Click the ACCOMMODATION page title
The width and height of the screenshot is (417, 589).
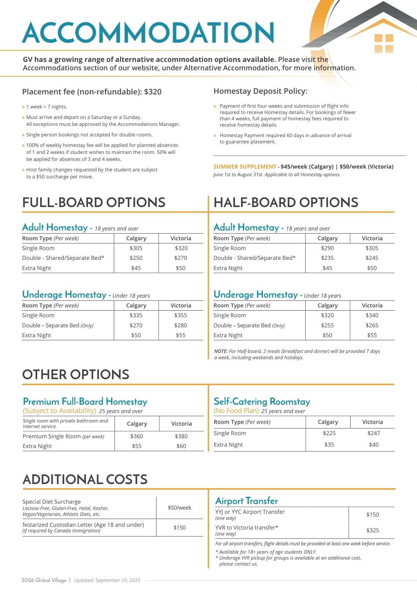click(x=148, y=33)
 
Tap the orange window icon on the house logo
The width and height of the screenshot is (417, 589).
click(x=384, y=43)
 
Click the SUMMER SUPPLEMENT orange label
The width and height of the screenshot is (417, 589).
click(x=245, y=167)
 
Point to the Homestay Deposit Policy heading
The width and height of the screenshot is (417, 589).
click(x=260, y=91)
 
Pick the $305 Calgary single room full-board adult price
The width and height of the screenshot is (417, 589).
click(x=136, y=248)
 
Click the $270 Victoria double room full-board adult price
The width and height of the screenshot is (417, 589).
click(x=181, y=258)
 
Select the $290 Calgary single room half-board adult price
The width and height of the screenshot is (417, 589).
click(x=327, y=248)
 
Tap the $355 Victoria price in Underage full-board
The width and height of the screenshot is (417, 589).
click(x=181, y=315)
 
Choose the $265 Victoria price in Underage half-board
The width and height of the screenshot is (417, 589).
click(x=372, y=325)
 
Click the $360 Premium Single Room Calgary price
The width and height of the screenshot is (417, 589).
click(x=137, y=436)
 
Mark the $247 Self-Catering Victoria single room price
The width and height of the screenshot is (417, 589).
click(x=374, y=433)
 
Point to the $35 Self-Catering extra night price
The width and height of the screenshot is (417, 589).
click(x=329, y=445)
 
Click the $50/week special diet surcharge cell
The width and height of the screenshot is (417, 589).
click(x=179, y=508)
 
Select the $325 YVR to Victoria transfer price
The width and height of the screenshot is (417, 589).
click(x=373, y=530)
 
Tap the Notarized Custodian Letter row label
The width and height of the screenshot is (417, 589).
click(x=83, y=525)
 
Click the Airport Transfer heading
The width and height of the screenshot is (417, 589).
click(x=246, y=501)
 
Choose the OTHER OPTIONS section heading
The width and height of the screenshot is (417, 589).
click(x=76, y=375)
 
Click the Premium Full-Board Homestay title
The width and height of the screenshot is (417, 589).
click(x=85, y=402)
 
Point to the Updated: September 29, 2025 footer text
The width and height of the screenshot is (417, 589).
click(x=107, y=580)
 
